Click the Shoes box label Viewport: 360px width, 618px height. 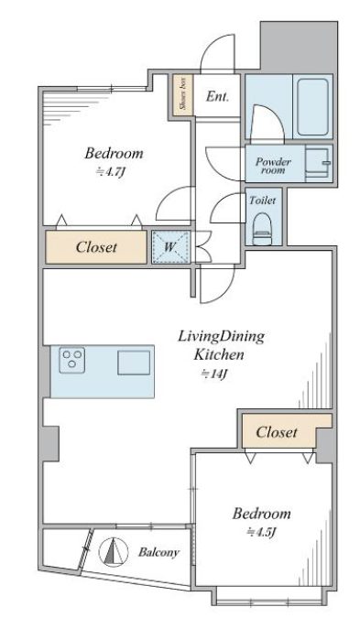(x=183, y=94)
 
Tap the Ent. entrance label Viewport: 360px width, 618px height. (x=217, y=96)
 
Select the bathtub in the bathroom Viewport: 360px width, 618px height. (x=312, y=107)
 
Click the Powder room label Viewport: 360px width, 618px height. (x=273, y=166)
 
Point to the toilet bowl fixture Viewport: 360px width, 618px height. (x=262, y=229)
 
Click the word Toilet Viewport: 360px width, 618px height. (x=262, y=201)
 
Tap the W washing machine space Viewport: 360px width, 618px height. (x=170, y=247)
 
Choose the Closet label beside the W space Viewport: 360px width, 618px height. (x=96, y=247)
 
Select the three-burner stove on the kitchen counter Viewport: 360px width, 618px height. (x=72, y=360)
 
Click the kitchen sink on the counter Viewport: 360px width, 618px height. (x=134, y=363)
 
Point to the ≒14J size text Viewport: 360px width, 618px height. (x=215, y=374)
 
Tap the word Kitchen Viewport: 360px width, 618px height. (x=219, y=354)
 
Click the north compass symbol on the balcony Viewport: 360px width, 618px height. (x=114, y=551)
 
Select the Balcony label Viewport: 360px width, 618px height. (x=158, y=552)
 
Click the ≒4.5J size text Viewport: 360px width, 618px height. (x=261, y=533)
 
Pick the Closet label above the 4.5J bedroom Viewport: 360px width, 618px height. (x=276, y=432)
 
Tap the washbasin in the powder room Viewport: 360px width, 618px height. (x=317, y=163)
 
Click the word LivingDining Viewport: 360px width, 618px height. (x=221, y=337)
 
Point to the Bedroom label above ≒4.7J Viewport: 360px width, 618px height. (x=114, y=153)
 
